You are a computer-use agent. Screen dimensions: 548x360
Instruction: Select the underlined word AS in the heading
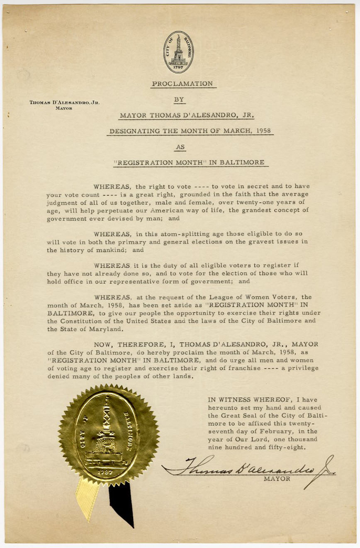[x=180, y=146]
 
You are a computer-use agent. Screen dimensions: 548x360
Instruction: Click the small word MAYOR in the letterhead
[x=65, y=108]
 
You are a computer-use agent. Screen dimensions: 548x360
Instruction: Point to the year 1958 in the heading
[x=264, y=131]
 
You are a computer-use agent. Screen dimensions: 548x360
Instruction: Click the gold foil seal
[x=109, y=435]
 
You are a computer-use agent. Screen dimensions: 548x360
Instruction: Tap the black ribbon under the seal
[x=122, y=504]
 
